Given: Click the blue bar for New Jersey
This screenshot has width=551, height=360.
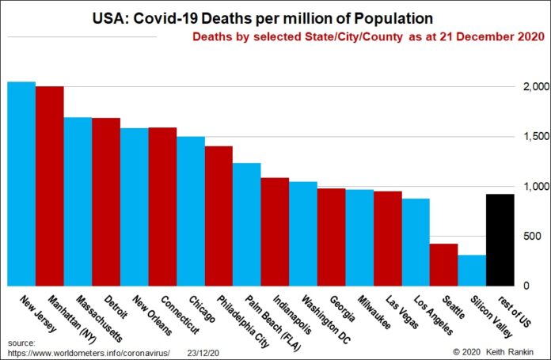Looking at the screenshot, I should click(21, 183).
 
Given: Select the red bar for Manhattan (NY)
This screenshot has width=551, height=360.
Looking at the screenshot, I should click(50, 185).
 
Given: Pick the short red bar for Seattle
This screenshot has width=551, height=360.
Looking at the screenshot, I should click(444, 264).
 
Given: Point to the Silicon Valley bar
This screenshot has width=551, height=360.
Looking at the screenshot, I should click(472, 270).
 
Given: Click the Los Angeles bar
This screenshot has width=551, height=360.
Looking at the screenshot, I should click(416, 241).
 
